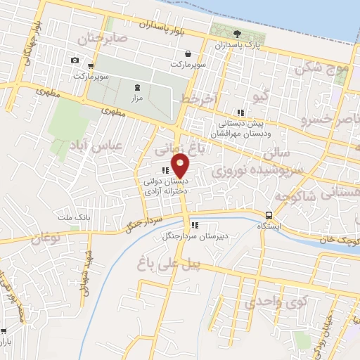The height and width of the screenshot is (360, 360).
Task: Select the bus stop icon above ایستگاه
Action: click(269, 215)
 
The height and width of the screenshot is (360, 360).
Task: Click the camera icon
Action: click(75, 60)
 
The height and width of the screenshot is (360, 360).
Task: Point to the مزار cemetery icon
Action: click(136, 88)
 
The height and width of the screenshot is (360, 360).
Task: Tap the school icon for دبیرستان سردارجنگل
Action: click(194, 226)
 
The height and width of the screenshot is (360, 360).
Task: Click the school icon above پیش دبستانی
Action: click(240, 112)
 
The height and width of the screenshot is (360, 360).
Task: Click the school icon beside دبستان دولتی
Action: click(165, 169)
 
